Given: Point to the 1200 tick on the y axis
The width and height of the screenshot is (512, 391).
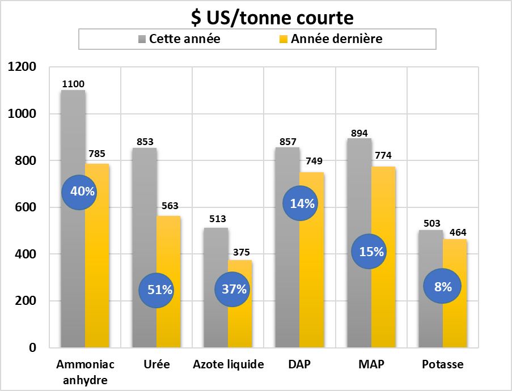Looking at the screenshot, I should tap(23, 67).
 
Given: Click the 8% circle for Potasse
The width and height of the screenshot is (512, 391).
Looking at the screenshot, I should tap(442, 287).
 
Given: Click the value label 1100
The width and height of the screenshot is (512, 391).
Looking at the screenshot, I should tap(73, 84).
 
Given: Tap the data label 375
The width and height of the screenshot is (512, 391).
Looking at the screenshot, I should tap(240, 252).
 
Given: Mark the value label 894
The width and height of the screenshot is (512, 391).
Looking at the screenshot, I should tap(359, 130).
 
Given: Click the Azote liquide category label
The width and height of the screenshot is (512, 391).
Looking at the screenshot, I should tap(228, 364).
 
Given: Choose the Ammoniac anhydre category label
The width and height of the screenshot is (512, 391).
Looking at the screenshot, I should tap(85, 371).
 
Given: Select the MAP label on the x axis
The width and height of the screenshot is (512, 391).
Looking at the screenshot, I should tap(371, 364).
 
